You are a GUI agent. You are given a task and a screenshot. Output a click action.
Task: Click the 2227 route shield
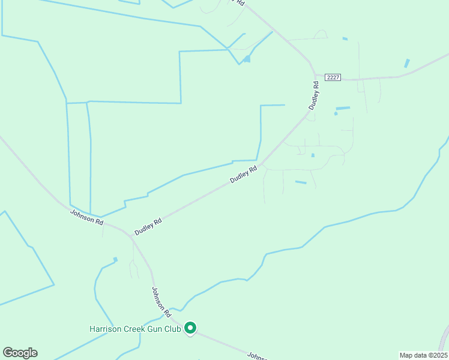(x=333, y=77)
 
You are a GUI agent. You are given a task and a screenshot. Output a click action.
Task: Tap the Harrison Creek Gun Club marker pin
(x=190, y=328)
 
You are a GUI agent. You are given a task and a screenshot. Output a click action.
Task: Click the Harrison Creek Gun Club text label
(x=135, y=329)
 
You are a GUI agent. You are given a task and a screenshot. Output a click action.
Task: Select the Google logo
(x=20, y=353)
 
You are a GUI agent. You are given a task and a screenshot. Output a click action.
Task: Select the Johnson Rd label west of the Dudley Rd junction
(x=86, y=217)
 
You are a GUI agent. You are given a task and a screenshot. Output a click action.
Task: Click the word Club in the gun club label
(x=170, y=329)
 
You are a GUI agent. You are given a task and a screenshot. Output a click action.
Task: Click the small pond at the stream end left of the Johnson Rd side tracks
(x=115, y=260)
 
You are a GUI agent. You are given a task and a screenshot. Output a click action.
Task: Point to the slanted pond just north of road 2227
(x=407, y=63)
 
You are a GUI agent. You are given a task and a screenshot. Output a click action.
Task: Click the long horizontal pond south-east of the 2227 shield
(x=343, y=108)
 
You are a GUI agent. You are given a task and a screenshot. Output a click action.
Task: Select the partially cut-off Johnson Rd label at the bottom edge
(x=258, y=356)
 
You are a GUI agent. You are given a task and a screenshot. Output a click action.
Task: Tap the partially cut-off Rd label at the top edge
(x=240, y=2)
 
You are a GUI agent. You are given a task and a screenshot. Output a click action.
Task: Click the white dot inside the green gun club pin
(x=190, y=327)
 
